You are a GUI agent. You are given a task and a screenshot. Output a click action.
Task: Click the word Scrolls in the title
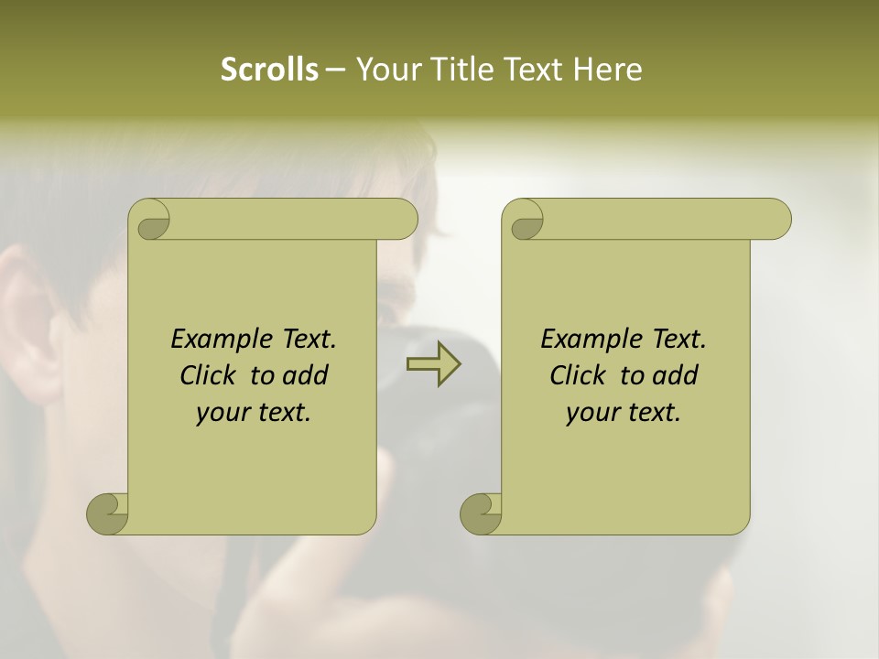(269, 70)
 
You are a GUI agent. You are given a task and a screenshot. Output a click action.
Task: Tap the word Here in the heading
(608, 70)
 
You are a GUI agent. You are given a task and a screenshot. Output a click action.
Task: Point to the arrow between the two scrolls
(433, 363)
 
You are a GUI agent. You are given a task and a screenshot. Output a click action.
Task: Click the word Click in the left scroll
(210, 375)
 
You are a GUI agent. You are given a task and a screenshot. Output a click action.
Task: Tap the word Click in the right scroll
(580, 375)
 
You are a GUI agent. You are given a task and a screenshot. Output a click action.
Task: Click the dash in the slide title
(335, 70)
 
